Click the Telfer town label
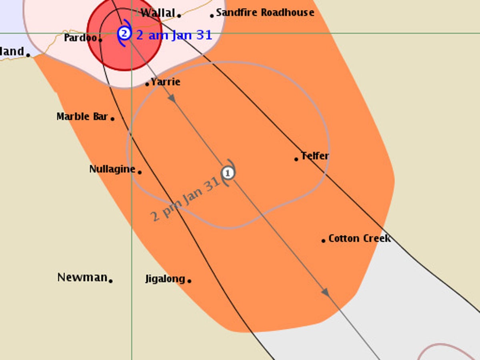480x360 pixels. (x=315, y=156)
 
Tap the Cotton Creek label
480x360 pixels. (x=359, y=238)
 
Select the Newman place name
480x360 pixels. (x=82, y=277)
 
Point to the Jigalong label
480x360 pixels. (x=165, y=279)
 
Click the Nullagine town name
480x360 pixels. (x=112, y=169)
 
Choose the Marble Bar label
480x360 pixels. (x=82, y=116)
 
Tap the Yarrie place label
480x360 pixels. (x=166, y=82)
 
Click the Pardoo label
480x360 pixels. (x=80, y=38)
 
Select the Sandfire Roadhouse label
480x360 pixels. (x=265, y=13)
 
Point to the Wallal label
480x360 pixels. (x=158, y=13)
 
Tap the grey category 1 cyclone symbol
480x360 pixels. (x=228, y=173)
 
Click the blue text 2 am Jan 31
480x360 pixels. (x=174, y=35)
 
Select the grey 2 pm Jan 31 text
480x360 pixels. (x=185, y=199)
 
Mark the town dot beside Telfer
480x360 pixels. (x=296, y=159)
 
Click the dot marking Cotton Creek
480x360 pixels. (x=323, y=241)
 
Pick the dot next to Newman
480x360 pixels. (x=110, y=281)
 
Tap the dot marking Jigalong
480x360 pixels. (x=189, y=281)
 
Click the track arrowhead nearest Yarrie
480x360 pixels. (x=172, y=98)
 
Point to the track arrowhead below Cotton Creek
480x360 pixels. (x=325, y=292)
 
